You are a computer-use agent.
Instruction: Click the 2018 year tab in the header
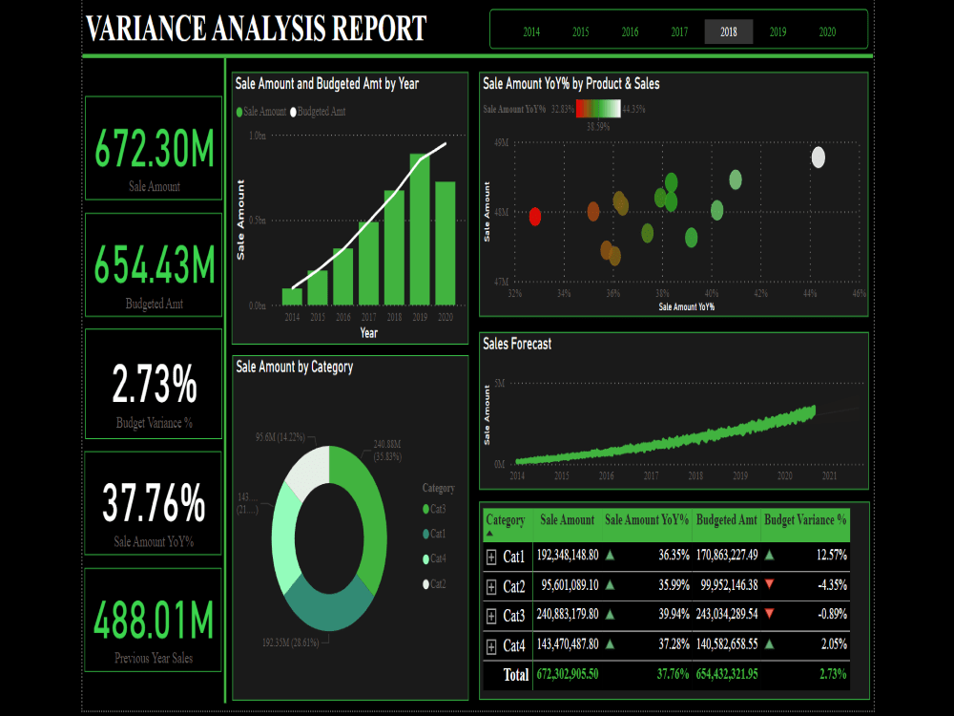coord(729,32)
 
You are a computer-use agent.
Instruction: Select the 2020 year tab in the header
coord(827,32)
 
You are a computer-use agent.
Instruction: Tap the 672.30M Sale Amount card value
coord(155,150)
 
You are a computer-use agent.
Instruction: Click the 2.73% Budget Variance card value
coord(155,385)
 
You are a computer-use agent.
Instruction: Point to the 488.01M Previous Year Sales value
coord(155,621)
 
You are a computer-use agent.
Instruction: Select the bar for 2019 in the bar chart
coord(420,229)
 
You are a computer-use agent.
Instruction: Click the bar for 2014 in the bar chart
coord(292,296)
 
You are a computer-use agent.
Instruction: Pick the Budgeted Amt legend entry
coord(320,112)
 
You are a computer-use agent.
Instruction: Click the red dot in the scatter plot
coord(535,217)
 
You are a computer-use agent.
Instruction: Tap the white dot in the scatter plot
coord(818,158)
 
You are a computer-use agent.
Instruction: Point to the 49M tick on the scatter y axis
coord(500,142)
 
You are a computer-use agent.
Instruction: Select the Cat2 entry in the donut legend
coord(438,583)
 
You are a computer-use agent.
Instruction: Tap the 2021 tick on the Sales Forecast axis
coord(829,475)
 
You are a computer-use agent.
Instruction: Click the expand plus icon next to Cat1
coord(491,555)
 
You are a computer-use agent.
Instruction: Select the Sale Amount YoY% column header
coord(646,520)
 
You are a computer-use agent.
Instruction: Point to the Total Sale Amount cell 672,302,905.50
coord(568,674)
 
